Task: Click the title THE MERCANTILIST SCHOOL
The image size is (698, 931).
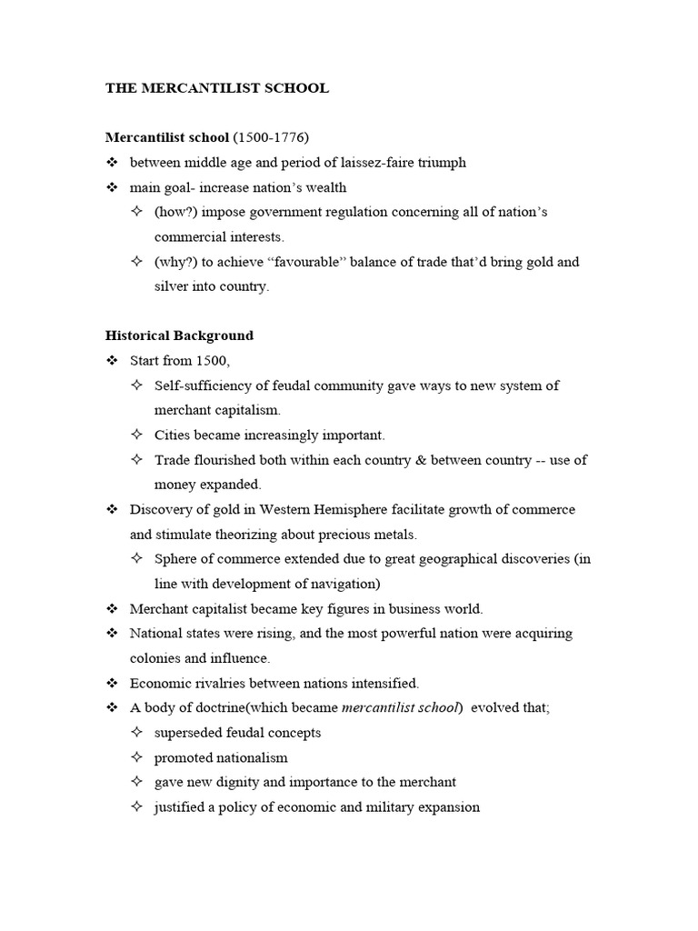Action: tap(217, 88)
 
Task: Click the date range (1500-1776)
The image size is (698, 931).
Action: tap(271, 137)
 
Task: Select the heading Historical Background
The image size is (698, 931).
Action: tap(179, 335)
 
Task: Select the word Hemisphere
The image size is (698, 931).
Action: tap(340, 509)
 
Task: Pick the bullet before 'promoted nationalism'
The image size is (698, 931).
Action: tap(136, 756)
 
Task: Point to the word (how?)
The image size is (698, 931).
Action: tap(174, 212)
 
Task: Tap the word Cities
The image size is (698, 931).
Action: tap(173, 435)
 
